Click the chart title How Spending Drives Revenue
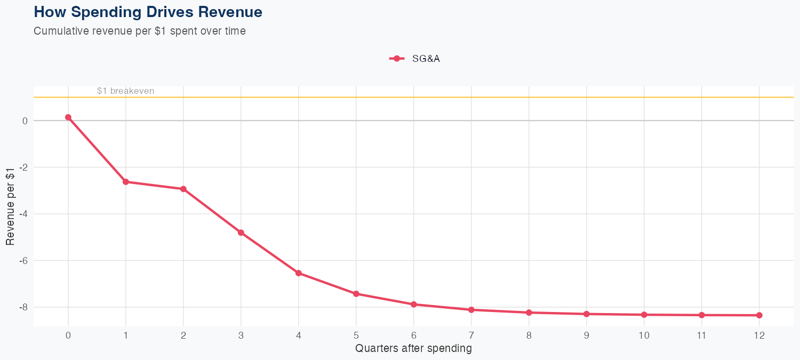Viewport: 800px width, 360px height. [x=148, y=12]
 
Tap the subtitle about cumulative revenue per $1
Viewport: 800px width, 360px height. [x=140, y=31]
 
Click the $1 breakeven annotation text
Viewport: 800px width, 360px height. [x=125, y=91]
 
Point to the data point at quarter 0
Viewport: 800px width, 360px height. [x=68, y=117]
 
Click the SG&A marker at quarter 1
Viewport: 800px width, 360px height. [x=126, y=182]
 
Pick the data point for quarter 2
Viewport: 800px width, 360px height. [x=183, y=189]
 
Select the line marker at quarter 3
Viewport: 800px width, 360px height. [x=241, y=233]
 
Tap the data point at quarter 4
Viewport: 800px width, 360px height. [x=299, y=273]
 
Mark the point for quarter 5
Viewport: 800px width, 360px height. [x=356, y=294]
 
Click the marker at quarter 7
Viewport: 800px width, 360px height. [x=471, y=310]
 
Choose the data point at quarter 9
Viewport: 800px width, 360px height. [x=587, y=314]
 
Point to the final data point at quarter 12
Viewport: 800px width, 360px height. [x=759, y=315]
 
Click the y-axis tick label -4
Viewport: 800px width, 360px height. [x=24, y=214]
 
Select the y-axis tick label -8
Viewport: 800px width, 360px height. [x=24, y=307]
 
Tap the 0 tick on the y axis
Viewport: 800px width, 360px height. [x=25, y=121]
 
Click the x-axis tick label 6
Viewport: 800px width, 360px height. [x=414, y=335]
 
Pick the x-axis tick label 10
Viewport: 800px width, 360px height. [x=644, y=335]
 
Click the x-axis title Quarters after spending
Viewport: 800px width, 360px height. [x=413, y=349]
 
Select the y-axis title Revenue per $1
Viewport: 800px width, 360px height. [x=10, y=206]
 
